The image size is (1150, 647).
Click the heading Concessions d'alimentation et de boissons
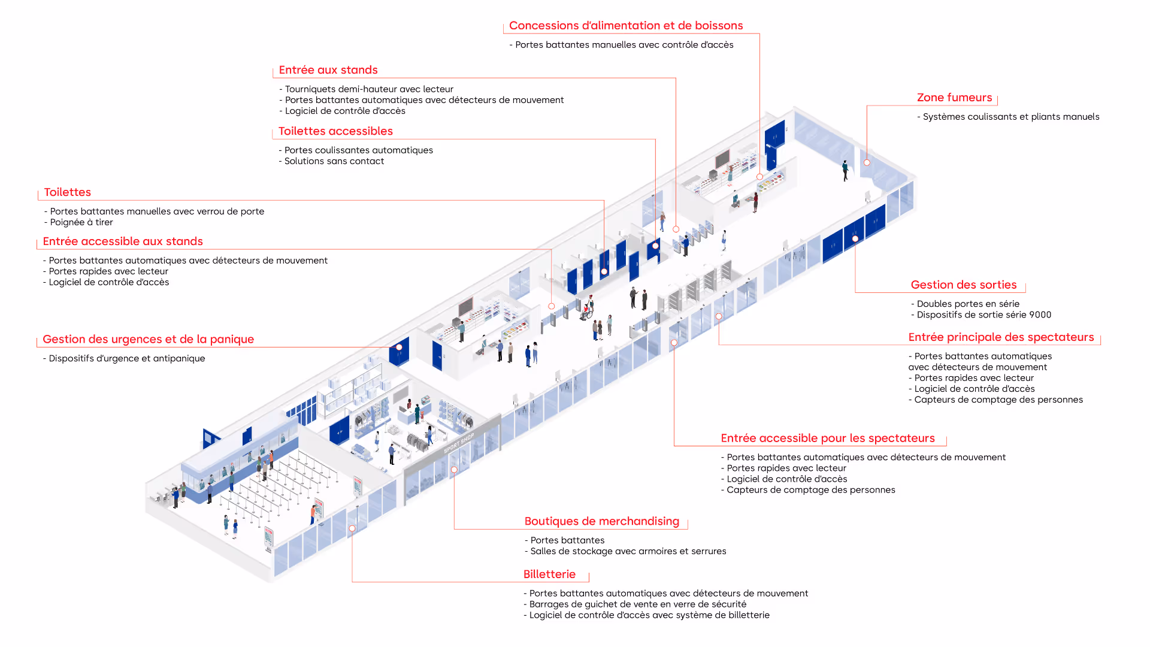pyautogui.click(x=625, y=26)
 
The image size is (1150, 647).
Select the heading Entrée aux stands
pyautogui.click(x=328, y=70)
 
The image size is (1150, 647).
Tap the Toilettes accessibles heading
pyautogui.click(x=335, y=131)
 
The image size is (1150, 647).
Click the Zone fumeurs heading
pyautogui.click(x=954, y=98)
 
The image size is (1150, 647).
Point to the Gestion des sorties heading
pyautogui.click(x=963, y=285)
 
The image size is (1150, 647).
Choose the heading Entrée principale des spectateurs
pyautogui.click(x=1001, y=337)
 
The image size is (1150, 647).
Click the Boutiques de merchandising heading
pyautogui.click(x=601, y=521)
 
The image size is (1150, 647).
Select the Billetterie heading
pyautogui.click(x=549, y=575)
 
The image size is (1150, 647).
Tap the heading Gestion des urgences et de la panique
pyautogui.click(x=148, y=340)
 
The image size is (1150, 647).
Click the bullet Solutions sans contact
pyautogui.click(x=334, y=161)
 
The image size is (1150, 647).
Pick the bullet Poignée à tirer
pyautogui.click(x=81, y=222)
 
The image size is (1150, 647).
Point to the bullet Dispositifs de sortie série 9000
pyautogui.click(x=983, y=315)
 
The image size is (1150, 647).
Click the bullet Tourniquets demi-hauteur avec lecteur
pyautogui.click(x=369, y=89)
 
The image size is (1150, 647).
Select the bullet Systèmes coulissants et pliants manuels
pyautogui.click(x=1010, y=117)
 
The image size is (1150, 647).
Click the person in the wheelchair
pyautogui.click(x=586, y=310)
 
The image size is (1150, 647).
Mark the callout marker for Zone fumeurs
pyautogui.click(x=867, y=162)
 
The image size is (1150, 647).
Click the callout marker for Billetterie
pyautogui.click(x=352, y=528)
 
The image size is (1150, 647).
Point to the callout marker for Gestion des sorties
pyautogui.click(x=855, y=239)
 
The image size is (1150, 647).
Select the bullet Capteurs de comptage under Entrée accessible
pyautogui.click(x=810, y=490)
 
